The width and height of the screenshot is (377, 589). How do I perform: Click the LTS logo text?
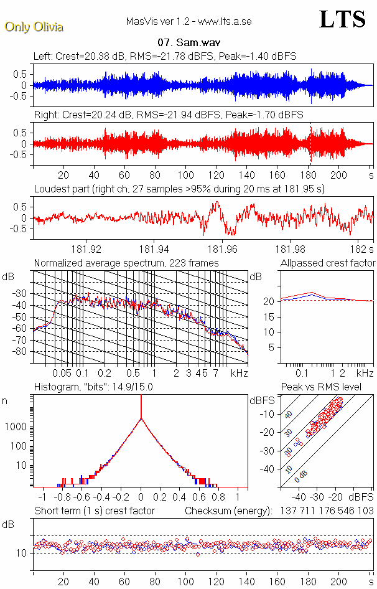coord(342,20)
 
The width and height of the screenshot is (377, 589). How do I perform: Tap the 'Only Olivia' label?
coord(34,27)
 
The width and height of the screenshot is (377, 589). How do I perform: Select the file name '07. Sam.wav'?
coord(188,44)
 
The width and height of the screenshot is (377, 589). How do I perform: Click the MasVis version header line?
coord(188,22)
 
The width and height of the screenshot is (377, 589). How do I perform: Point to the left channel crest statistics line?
coord(165,57)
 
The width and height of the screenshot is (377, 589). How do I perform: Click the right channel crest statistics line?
coord(168,115)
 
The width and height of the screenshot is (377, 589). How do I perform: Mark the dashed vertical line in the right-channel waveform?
coord(310,143)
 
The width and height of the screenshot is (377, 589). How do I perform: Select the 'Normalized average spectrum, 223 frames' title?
coord(126,263)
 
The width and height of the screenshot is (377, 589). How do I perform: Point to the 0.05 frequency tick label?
coord(62,373)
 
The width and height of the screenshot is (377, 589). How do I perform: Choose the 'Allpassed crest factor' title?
coord(328,263)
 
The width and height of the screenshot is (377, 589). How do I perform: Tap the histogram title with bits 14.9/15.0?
coord(93,387)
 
